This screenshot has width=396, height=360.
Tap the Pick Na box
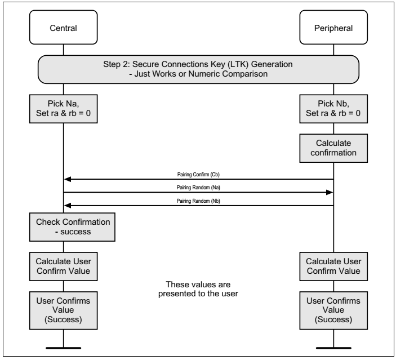point(63,107)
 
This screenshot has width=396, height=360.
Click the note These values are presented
point(198,288)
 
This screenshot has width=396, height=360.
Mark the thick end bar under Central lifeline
point(63,346)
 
